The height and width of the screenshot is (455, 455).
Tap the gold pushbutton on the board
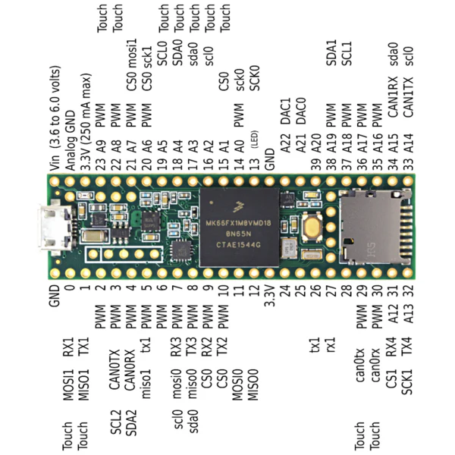(x=312, y=227)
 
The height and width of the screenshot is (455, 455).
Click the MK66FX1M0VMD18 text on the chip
(x=239, y=223)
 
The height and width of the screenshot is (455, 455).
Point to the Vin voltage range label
(x=55, y=118)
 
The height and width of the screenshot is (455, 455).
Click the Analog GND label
(x=70, y=140)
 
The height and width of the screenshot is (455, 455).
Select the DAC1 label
(x=286, y=111)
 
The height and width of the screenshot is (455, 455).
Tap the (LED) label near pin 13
(x=255, y=140)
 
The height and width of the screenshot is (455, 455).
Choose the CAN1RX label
(x=393, y=97)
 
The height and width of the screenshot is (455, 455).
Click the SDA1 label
(x=331, y=53)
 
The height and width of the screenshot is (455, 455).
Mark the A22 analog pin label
(x=286, y=143)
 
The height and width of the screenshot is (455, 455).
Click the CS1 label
(x=391, y=378)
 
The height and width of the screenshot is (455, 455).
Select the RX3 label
(x=177, y=347)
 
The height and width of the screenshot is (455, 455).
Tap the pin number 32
(x=407, y=290)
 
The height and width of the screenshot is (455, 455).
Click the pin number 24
(x=285, y=290)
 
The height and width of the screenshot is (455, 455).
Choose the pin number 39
(x=315, y=165)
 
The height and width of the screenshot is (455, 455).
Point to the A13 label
(x=407, y=314)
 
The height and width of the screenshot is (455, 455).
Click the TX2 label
(x=222, y=347)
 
